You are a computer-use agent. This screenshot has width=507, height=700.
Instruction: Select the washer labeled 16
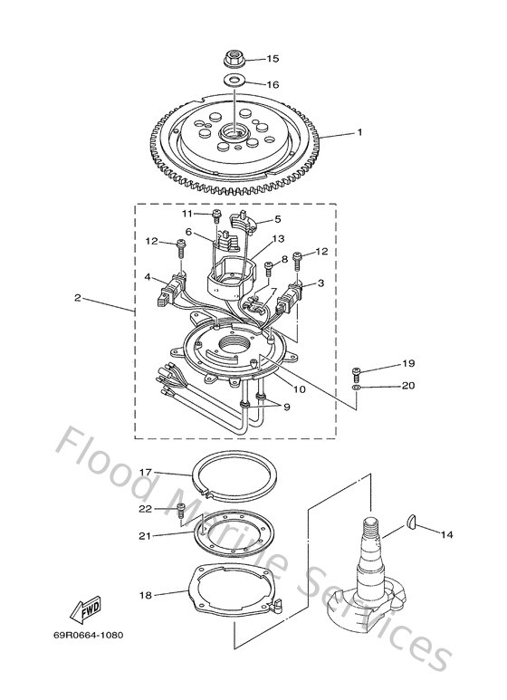click(233, 83)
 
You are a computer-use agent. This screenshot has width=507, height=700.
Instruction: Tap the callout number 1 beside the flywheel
click(359, 132)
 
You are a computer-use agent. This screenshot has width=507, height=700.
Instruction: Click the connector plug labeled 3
click(292, 296)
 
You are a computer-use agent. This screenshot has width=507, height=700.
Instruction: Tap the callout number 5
click(277, 218)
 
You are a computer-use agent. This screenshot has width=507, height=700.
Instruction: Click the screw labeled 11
click(217, 216)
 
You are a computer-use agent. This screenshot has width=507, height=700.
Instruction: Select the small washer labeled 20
click(357, 386)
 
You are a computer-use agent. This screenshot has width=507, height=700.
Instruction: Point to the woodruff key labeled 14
click(408, 523)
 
